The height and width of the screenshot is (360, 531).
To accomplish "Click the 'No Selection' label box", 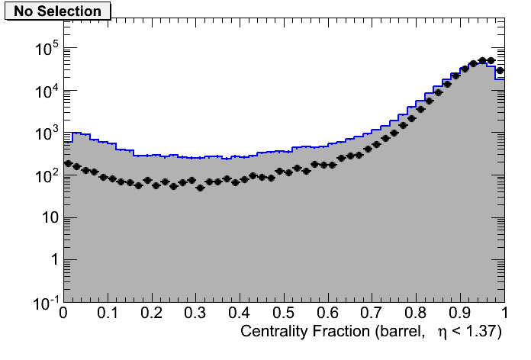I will pyautogui.click(x=57, y=11).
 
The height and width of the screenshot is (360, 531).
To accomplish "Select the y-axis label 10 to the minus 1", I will pyautogui.click(x=42, y=303).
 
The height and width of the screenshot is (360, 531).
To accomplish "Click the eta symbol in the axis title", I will pyautogui.click(x=441, y=334).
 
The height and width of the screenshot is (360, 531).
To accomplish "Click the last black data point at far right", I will pyautogui.click(x=500, y=71).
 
